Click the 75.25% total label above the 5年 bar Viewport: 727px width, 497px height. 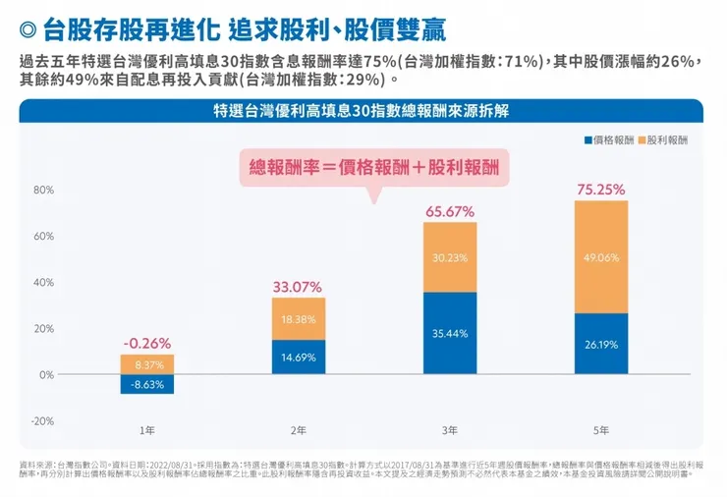600,190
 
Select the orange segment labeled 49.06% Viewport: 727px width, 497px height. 601,257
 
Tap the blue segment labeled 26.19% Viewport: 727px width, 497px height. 601,344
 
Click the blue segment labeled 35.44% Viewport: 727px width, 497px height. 450,333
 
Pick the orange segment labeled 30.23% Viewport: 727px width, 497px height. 450,257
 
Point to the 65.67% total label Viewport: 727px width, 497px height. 450,211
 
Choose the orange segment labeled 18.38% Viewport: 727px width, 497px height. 299,319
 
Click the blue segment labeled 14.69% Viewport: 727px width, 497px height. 299,357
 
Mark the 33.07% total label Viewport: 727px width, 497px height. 299,287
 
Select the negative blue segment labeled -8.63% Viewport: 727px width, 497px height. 147,384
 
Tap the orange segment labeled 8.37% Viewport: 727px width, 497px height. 147,364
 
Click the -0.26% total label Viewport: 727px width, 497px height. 147,344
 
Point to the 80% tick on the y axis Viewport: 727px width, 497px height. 44,190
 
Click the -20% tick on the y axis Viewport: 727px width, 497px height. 42,420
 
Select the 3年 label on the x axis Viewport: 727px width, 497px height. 450,431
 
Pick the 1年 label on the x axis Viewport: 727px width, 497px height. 147,431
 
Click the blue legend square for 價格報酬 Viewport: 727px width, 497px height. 587,139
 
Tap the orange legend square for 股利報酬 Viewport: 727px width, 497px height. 642,139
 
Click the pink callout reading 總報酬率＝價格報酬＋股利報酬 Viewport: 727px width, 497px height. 373,168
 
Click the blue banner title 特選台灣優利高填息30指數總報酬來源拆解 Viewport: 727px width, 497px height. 361,111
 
